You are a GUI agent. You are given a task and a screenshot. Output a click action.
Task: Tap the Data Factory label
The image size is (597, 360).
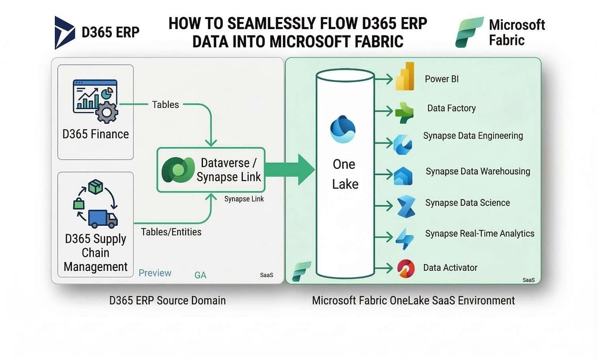(451, 108)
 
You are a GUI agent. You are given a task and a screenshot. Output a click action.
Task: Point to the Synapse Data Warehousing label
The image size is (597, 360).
(478, 171)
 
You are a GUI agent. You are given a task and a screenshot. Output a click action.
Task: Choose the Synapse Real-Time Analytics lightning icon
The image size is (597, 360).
(405, 239)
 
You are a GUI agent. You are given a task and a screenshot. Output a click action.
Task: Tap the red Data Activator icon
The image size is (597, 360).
(406, 268)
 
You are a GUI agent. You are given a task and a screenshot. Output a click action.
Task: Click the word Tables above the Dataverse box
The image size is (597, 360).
(165, 105)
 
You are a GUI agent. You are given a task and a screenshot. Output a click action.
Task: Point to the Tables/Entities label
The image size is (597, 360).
(171, 232)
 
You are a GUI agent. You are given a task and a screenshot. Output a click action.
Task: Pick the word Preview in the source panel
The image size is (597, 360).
(155, 273)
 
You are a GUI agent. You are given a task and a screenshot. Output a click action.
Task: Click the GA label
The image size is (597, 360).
(200, 275)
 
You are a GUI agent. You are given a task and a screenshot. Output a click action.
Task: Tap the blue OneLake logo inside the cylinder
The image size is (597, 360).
(343, 129)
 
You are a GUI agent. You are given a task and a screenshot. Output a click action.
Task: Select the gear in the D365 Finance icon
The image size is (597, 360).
(107, 112)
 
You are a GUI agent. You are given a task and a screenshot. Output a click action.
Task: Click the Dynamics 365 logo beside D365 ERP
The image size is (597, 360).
(64, 33)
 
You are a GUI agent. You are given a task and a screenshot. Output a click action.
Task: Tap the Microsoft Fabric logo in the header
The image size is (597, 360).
(469, 32)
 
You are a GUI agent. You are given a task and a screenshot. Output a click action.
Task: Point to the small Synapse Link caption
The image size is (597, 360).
(244, 199)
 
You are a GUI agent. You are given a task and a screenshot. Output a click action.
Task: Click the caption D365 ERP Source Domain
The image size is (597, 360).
(167, 300)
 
